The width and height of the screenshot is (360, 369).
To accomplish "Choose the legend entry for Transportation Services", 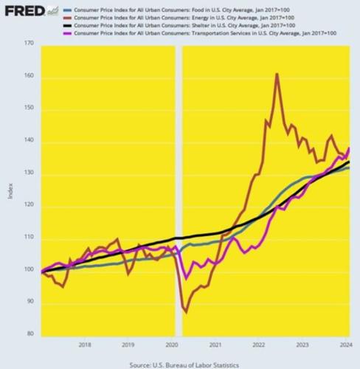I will [192, 34].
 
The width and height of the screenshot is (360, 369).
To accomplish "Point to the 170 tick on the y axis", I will [29, 44].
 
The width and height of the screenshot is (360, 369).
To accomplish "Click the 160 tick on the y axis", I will [29, 77].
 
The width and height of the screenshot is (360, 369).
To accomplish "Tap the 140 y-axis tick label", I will [29, 142].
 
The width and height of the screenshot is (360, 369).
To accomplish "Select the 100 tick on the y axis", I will [29, 271].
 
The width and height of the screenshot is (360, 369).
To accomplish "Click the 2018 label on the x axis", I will [84, 345].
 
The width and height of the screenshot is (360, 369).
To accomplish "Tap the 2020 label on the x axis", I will [171, 345].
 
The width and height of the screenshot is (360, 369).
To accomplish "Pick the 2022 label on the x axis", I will [258, 345].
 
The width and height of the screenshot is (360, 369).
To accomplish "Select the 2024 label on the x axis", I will [345, 345].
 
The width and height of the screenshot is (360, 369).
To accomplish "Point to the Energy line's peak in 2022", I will [277, 74].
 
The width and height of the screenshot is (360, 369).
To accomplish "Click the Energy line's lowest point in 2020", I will [185, 312].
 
